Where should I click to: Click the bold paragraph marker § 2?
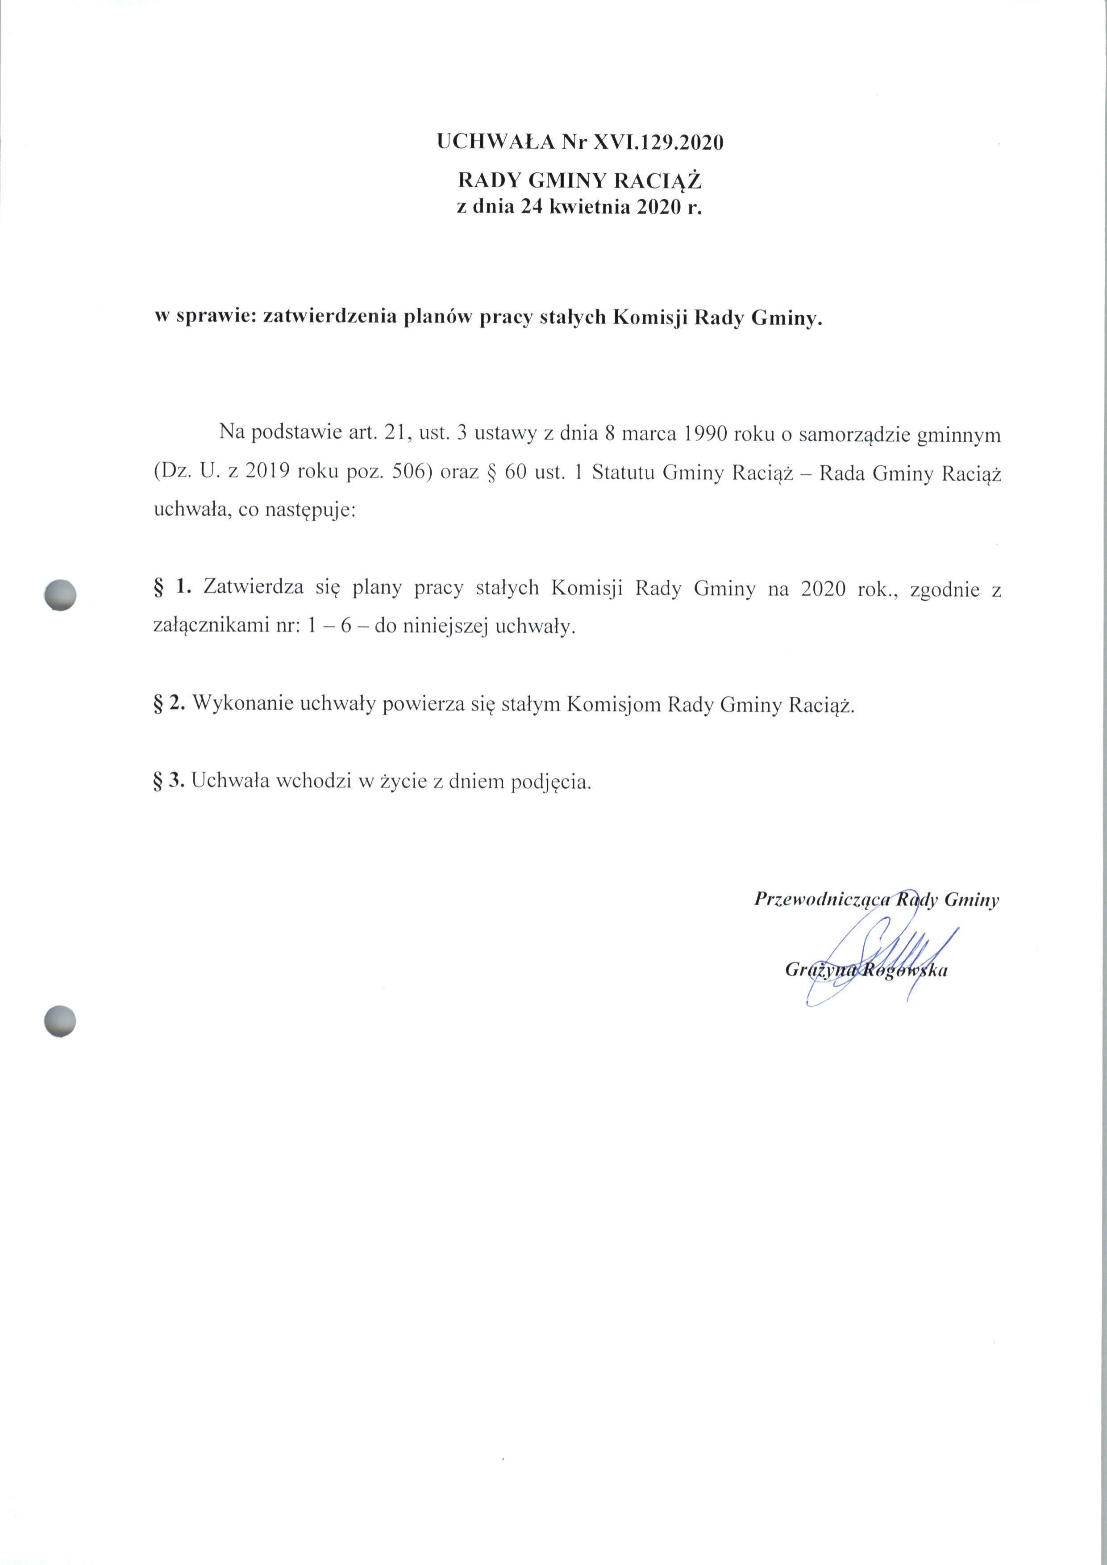point(171,704)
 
